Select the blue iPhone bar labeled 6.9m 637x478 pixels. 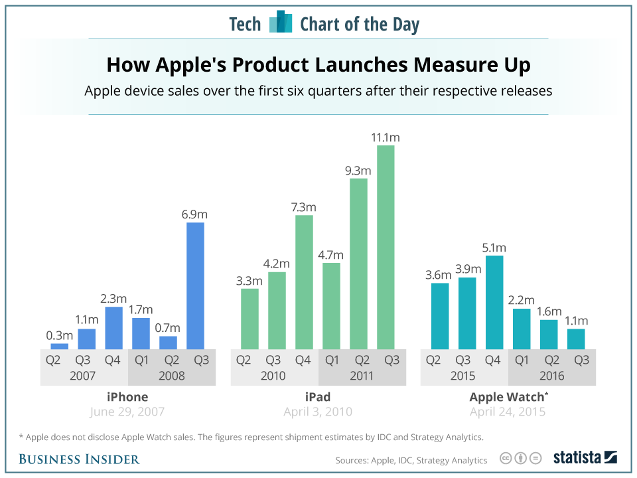coord(195,285)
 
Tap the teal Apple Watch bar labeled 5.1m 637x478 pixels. coord(494,302)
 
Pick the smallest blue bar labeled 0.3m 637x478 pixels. coord(60,346)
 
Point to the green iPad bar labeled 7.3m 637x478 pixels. coord(304,282)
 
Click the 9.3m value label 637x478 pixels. coord(358,170)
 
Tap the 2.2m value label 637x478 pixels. coord(522,300)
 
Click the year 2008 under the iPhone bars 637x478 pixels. coord(171,376)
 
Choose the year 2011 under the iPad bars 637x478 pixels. coord(362,376)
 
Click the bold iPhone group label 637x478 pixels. coord(127,397)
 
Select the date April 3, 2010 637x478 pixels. coord(317,412)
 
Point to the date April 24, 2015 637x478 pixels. coord(508,412)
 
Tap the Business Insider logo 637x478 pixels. coord(79,459)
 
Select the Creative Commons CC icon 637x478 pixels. coord(506,458)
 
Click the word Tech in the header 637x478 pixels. coord(245,25)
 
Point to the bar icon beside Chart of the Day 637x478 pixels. coord(281,23)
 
